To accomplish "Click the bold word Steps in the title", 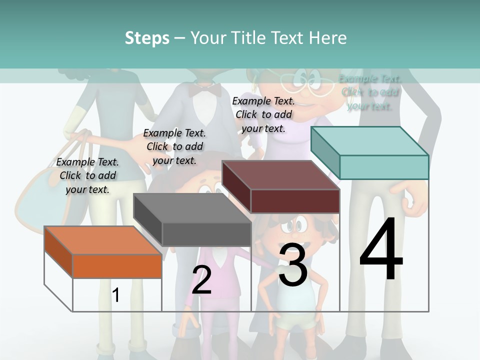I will [x=147, y=38].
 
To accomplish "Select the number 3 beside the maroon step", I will [x=293, y=264].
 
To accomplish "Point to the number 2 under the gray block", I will [x=201, y=280].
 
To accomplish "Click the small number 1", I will [x=115, y=295].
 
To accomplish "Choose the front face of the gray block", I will [x=206, y=234].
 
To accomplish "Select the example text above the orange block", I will [x=87, y=175].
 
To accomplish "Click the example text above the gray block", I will [x=174, y=146].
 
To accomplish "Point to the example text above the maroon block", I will [x=263, y=114].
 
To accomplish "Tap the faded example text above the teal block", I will [x=370, y=92].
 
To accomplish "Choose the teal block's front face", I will [x=384, y=167].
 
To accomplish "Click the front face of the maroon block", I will [x=295, y=201].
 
